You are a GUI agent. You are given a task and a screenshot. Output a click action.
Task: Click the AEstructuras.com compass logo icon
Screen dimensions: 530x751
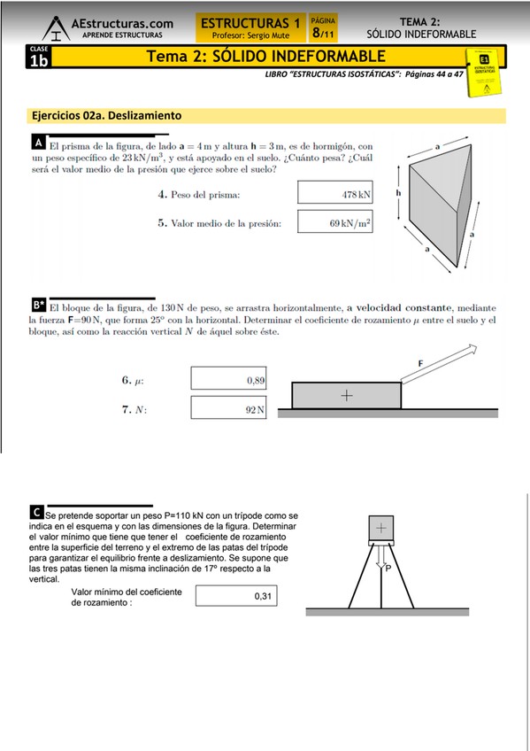click(x=57, y=28)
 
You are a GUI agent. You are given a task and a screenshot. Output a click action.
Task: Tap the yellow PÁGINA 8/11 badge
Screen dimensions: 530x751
click(x=323, y=27)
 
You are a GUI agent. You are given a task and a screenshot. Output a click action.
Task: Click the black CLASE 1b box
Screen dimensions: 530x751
click(x=39, y=57)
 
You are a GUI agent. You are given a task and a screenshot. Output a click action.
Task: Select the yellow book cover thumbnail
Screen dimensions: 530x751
click(x=484, y=72)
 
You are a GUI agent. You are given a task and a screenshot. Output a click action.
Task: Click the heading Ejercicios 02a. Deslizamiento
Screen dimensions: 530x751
click(x=107, y=115)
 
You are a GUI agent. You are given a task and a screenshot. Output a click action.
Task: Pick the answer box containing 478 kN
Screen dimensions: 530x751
click(x=334, y=192)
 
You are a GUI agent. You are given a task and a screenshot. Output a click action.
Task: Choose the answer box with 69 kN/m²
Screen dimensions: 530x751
click(x=334, y=221)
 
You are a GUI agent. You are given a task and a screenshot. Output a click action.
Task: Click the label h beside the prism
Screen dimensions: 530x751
click(x=398, y=192)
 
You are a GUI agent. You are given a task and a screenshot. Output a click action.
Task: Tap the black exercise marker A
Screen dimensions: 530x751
click(x=39, y=143)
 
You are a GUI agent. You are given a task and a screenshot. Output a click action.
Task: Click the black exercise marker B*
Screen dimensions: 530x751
click(x=39, y=305)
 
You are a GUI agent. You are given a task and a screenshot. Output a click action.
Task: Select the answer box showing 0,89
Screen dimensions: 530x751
click(x=228, y=378)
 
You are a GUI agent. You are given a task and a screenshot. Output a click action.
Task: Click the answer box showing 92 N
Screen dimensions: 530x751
click(x=228, y=407)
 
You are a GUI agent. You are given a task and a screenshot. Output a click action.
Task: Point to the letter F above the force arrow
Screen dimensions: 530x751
click(x=420, y=363)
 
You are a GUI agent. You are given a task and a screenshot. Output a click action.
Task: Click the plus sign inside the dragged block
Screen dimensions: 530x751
click(x=347, y=395)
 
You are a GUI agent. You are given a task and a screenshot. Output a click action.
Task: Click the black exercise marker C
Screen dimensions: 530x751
click(x=36, y=512)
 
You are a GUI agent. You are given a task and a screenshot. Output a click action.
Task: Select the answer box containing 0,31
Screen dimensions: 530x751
click(x=236, y=596)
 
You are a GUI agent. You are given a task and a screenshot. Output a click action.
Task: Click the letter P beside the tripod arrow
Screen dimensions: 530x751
click(x=388, y=569)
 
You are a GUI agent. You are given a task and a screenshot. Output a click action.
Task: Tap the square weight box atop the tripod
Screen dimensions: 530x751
click(x=381, y=529)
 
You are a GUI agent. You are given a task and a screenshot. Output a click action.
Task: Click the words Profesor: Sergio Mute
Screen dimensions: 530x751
click(x=250, y=35)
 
